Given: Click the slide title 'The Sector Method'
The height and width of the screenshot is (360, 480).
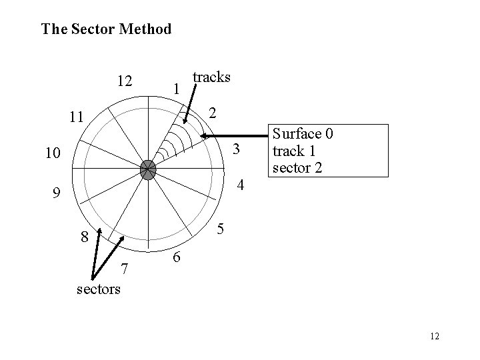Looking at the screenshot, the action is coord(106,29).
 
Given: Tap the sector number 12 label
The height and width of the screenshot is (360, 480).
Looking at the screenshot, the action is coord(123,82).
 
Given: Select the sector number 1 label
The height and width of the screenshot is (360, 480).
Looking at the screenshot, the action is coord(175,88).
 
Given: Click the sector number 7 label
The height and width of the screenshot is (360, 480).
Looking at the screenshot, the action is coord(123,269).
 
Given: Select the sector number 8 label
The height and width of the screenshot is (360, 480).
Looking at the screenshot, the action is coord(84,236).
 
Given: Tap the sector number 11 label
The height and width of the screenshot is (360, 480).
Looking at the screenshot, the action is coord(77,118).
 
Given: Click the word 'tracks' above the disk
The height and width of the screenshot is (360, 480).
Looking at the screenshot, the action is coord(211,77).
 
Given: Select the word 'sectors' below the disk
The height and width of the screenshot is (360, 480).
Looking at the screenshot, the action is coord(98,289).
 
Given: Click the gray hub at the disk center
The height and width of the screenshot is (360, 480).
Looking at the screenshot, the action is coord(147,169).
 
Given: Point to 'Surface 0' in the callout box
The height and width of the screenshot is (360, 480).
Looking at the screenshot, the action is coord(302,134).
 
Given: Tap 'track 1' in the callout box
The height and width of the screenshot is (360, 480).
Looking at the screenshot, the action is coord(294,151).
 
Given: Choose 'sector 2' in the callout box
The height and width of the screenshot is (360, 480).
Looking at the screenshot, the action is coord(298,167).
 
